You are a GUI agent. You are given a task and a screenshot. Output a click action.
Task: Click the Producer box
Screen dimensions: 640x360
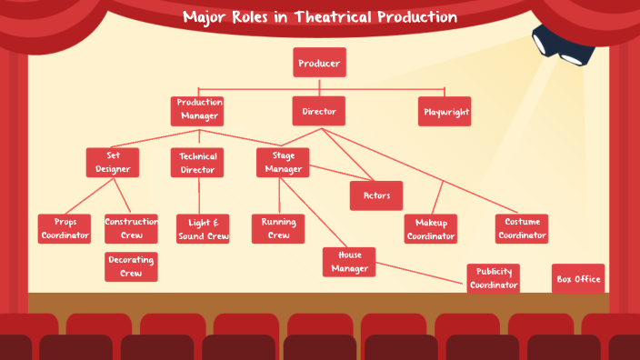(319, 63)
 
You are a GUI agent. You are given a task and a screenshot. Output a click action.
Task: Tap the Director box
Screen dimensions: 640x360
(319, 111)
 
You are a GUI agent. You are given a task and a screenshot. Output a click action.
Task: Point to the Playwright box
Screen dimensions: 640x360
(445, 112)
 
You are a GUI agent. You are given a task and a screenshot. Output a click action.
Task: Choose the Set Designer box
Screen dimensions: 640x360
(113, 162)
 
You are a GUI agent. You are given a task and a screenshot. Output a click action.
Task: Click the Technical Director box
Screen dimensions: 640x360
(197, 163)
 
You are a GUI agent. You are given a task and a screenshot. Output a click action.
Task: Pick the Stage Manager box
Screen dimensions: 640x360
(283, 162)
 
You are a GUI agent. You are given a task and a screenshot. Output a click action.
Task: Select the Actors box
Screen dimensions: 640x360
(375, 195)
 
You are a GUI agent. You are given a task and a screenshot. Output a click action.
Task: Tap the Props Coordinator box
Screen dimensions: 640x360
(65, 229)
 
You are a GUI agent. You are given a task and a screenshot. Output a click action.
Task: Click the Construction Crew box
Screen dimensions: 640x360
(131, 229)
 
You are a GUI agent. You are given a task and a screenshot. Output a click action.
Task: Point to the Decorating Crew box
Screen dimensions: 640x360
(131, 266)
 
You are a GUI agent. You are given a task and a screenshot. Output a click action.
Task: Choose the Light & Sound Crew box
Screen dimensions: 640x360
(202, 229)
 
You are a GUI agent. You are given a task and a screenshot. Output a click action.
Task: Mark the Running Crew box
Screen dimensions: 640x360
(278, 229)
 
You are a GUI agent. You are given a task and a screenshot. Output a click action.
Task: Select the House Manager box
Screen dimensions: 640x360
(349, 262)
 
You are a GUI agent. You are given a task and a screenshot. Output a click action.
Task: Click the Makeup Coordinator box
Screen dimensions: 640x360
(431, 229)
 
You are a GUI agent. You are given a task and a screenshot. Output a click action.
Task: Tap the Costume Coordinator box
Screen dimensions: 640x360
(522, 229)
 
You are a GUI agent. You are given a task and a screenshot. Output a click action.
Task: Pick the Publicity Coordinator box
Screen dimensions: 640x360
(494, 278)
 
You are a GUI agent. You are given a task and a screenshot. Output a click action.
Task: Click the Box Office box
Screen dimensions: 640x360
(578, 278)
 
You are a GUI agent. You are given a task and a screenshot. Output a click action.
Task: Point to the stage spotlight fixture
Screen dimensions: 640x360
(562, 45)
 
